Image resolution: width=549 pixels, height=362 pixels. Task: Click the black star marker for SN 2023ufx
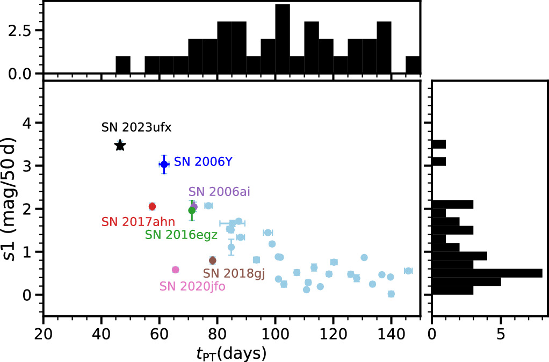coord(120,146)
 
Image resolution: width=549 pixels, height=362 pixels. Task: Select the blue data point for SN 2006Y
coord(164,164)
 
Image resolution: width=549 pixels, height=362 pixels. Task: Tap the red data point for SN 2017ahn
coord(152,206)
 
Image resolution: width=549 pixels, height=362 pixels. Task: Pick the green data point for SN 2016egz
coord(192,211)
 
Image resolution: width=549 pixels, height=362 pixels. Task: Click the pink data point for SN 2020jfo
coord(175,270)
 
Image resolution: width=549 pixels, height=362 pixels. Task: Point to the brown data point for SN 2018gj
coord(213,260)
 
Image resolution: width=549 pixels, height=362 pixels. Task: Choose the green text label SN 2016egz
coord(181,235)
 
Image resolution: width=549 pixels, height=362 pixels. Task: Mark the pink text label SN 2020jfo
coord(192,286)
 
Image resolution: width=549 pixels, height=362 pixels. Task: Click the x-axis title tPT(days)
coord(232,353)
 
